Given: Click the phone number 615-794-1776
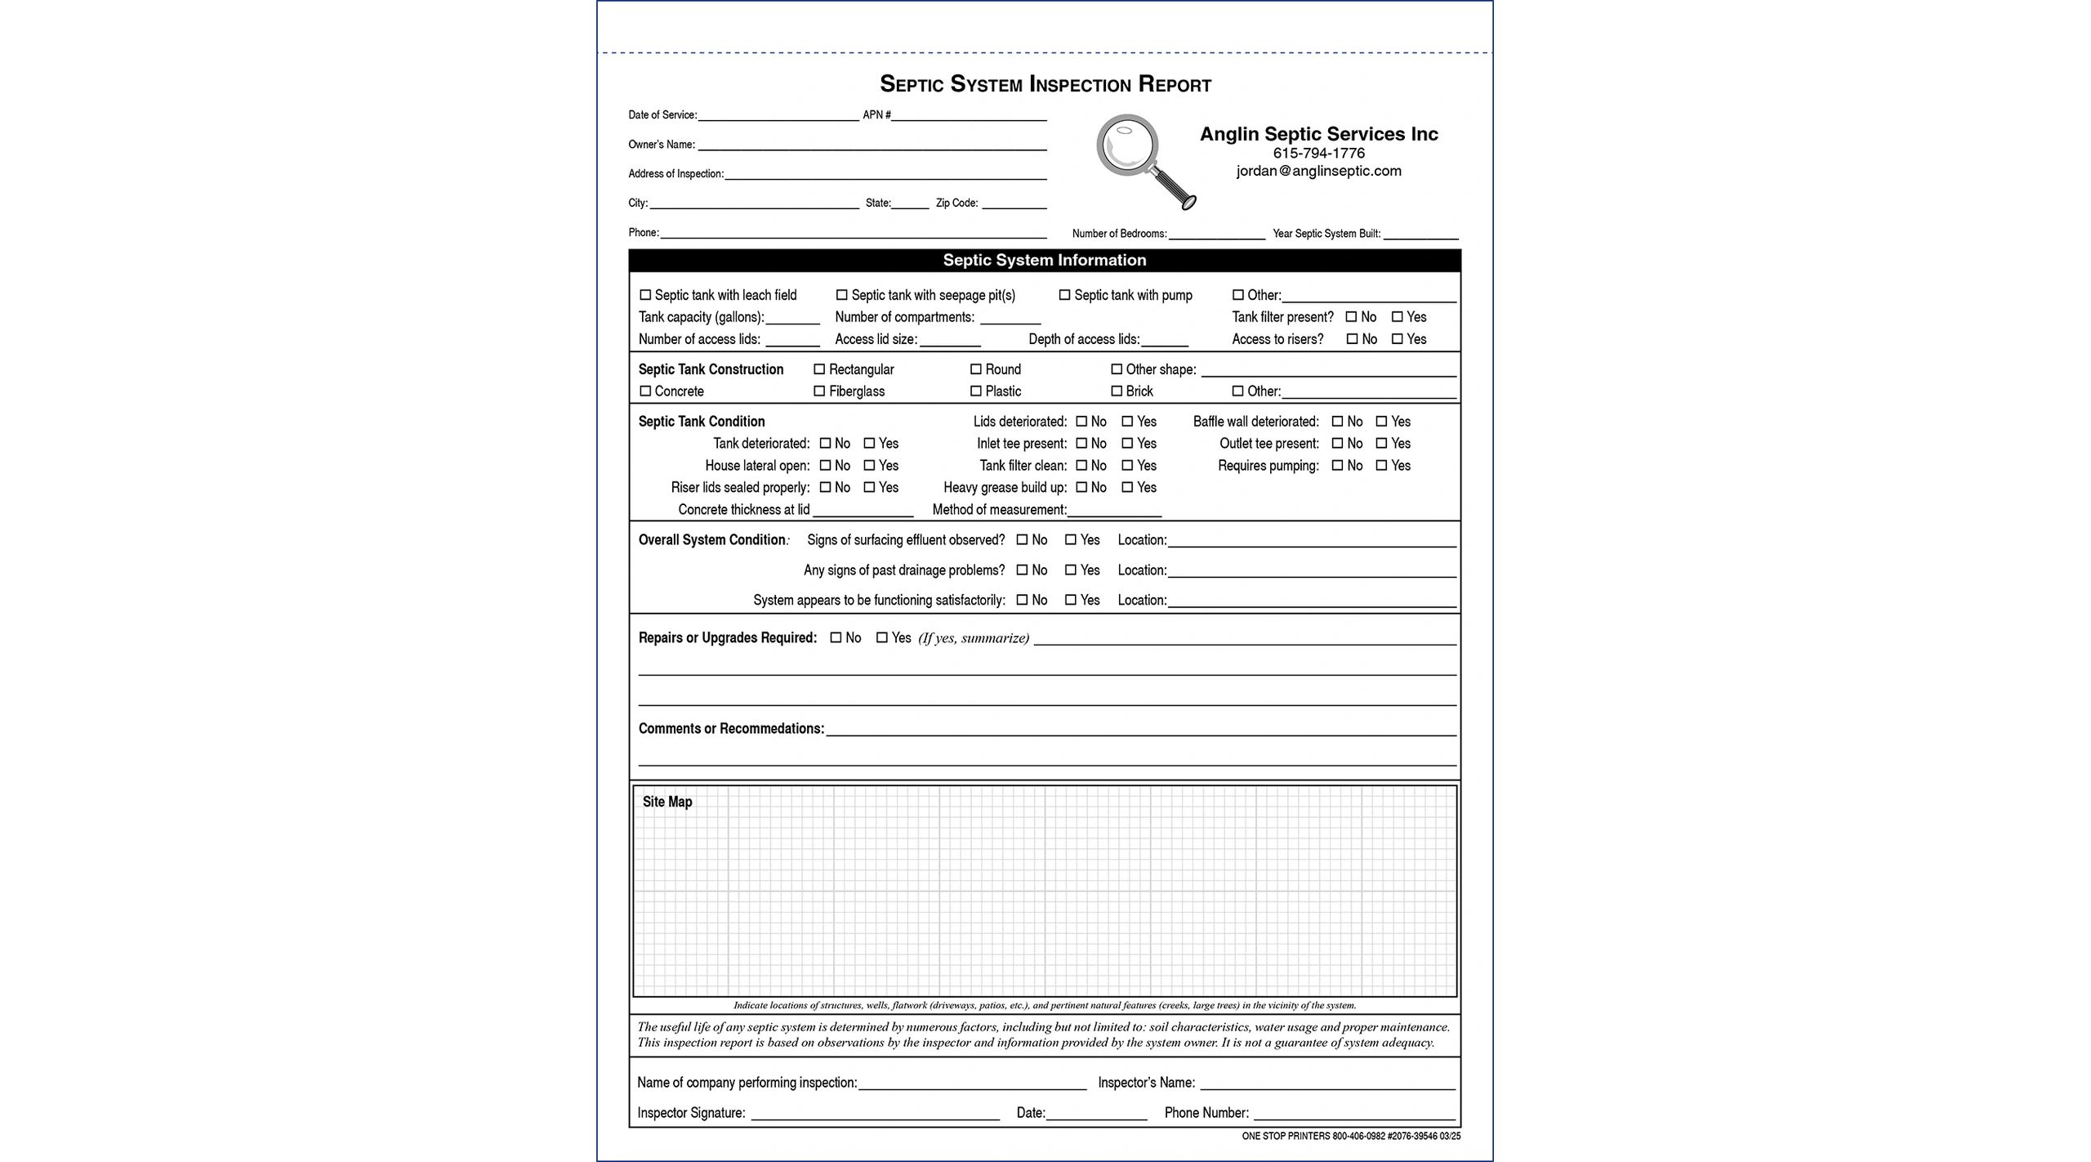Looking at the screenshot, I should [x=1318, y=153].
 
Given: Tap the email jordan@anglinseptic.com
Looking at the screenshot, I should [x=1318, y=172].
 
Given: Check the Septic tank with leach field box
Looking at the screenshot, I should [x=645, y=295].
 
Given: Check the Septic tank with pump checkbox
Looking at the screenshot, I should [x=1064, y=295].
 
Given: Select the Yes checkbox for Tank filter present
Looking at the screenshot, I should [x=1398, y=317].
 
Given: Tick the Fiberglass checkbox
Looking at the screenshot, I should [x=819, y=391].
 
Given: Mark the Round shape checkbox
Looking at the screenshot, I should [x=975, y=369].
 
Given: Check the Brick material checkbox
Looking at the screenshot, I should [x=1117, y=391].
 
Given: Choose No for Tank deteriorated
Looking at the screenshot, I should [x=825, y=444].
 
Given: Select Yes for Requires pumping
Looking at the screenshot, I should [x=1381, y=466].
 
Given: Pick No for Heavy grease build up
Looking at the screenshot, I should [x=1081, y=488].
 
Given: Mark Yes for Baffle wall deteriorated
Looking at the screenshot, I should [x=1381, y=422].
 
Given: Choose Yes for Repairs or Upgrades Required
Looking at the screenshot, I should [x=881, y=638].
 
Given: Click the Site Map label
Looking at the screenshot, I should [x=667, y=802].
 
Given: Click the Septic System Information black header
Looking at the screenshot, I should [x=1044, y=261].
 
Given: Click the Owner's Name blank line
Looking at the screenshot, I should [x=872, y=145].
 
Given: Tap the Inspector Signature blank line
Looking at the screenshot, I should [x=874, y=1114].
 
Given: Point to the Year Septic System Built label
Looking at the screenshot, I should [x=1326, y=235].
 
